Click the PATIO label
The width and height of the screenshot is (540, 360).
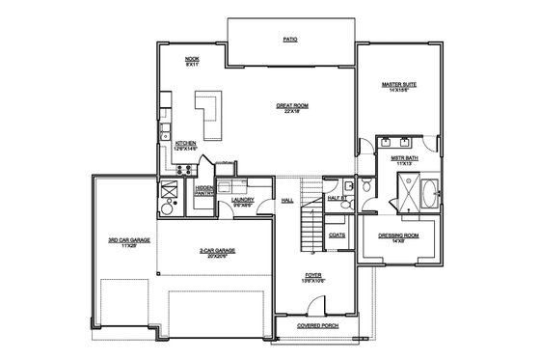click(289, 42)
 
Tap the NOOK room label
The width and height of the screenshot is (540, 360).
click(192, 62)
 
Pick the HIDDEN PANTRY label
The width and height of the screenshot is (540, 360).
click(204, 191)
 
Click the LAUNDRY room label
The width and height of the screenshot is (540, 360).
click(242, 201)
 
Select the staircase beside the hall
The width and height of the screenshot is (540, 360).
click(310, 230)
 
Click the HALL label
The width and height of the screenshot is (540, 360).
click(286, 201)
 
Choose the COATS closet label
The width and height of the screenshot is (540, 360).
click(337, 235)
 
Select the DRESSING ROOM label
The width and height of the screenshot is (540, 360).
click(397, 236)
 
